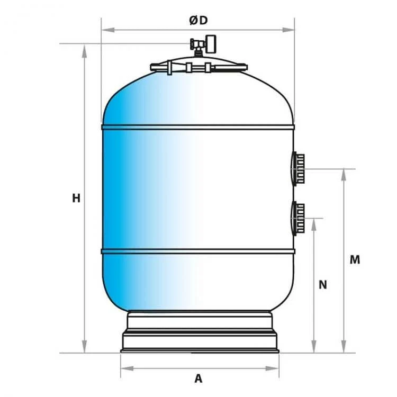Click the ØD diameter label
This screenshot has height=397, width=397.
pos(198,20)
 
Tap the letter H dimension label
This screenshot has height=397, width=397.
pos(76,198)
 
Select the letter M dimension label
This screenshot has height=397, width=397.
pos(355,259)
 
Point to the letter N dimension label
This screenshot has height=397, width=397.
pos(322,285)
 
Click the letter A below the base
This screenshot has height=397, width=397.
pos(198,379)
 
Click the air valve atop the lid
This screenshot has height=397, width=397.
pos(203,46)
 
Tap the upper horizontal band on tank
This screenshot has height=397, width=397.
pos(198,127)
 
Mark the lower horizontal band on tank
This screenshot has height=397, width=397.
pos(198,251)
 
